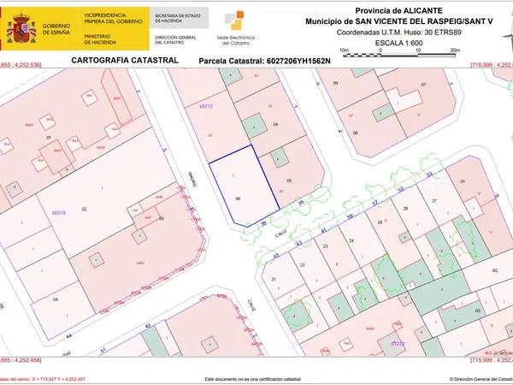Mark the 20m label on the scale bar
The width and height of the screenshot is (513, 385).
click(456, 50)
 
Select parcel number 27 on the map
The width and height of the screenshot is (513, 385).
click(433, 199)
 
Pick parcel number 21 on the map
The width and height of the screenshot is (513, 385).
click(273, 279)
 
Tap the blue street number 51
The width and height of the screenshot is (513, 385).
click(103, 350)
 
